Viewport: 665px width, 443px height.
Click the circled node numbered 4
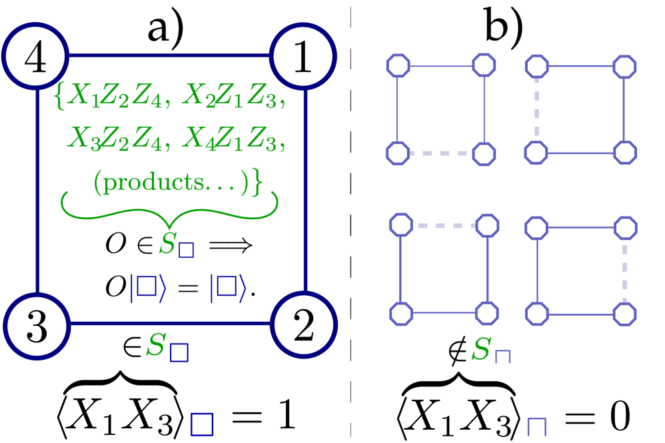coord(35,57)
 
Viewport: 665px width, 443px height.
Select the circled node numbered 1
coord(303,57)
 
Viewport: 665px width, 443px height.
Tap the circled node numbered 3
coord(37,326)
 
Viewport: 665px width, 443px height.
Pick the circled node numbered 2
coord(304,326)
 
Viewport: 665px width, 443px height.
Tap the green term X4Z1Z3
coord(233,139)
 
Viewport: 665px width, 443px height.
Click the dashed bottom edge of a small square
coord(440,153)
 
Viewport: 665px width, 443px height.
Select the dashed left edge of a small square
coord(536,109)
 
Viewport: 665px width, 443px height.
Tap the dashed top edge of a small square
coord(444,226)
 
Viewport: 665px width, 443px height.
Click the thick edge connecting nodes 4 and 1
coord(169,57)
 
